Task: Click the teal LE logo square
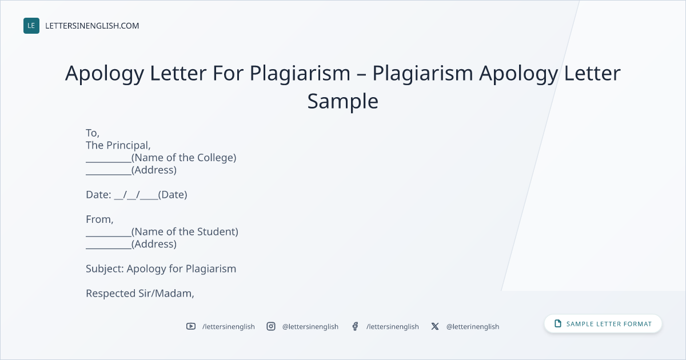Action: point(31,26)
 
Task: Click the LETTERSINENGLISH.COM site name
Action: point(92,26)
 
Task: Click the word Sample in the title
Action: point(342,101)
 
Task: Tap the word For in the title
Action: point(228,73)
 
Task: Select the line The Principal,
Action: point(118,145)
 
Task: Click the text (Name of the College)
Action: point(184,158)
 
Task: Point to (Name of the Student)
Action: point(185,232)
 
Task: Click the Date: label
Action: point(98,195)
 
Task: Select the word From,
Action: point(99,219)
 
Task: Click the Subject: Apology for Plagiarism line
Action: point(161,269)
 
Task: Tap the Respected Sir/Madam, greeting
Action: point(140,294)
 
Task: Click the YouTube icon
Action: point(191,326)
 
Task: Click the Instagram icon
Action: point(271,326)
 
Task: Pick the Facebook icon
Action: point(355,326)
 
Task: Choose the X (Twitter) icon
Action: point(435,326)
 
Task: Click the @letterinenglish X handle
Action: point(473,327)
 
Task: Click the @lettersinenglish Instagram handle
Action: point(310,327)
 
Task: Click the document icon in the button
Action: point(558,323)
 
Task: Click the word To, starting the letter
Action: point(93,133)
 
